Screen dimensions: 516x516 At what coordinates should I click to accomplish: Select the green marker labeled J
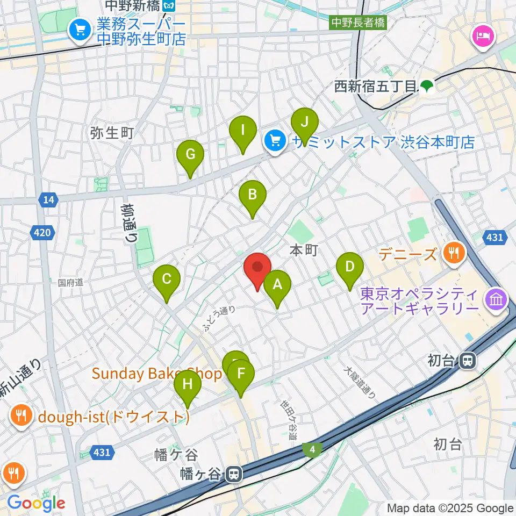(305, 122)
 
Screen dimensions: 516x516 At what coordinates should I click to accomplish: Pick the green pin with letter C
(167, 279)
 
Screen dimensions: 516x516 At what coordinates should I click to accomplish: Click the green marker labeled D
(350, 267)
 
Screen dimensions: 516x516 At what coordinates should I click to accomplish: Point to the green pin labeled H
(188, 385)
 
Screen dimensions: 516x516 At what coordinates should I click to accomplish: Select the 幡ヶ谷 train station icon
(233, 474)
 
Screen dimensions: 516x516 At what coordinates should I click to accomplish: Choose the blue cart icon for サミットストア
(275, 142)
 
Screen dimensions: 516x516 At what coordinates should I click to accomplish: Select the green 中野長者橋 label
(358, 23)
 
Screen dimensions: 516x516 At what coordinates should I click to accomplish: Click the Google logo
(36, 503)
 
